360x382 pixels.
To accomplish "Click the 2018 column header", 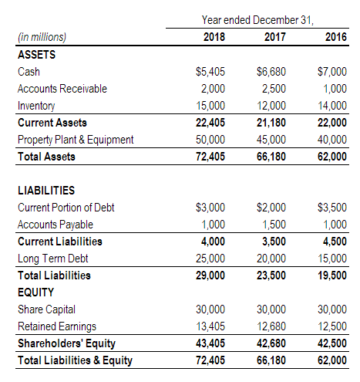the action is click(x=214, y=37).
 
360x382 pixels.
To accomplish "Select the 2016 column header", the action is click(x=336, y=37).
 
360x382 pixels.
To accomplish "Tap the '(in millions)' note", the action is click(x=42, y=37).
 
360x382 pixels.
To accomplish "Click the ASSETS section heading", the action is click(x=36, y=55).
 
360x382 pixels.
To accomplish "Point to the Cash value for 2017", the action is click(x=271, y=72).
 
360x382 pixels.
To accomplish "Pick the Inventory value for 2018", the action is click(x=210, y=106).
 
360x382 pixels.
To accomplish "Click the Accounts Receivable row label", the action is click(x=62, y=89).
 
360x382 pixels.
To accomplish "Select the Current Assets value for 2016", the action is click(x=332, y=123).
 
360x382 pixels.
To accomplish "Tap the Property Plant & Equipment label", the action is click(x=76, y=140).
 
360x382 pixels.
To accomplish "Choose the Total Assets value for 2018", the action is click(x=210, y=157).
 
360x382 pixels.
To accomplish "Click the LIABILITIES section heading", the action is click(x=46, y=191).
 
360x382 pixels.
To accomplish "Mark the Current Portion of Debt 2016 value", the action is click(x=332, y=208).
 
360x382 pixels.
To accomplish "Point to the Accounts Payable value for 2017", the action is click(x=274, y=225).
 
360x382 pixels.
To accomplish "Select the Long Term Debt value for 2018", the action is click(x=210, y=259).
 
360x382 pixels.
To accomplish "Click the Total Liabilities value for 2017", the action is click(x=271, y=276).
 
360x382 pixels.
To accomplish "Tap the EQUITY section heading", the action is click(x=35, y=292).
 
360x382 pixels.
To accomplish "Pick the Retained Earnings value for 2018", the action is click(x=210, y=326).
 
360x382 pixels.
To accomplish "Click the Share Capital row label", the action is click(x=46, y=309).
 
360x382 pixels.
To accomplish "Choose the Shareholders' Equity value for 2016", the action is click(x=332, y=343).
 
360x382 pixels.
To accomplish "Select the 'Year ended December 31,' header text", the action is click(x=257, y=20).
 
